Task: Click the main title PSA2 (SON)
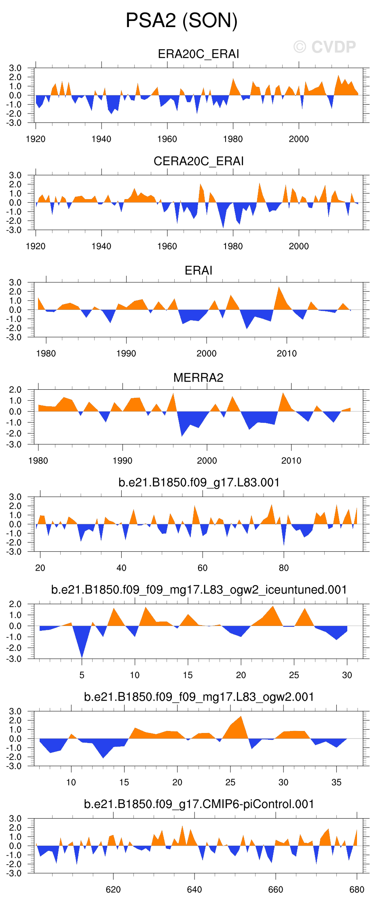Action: (x=182, y=21)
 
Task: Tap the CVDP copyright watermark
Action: (x=325, y=47)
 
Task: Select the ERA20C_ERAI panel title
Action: (x=199, y=54)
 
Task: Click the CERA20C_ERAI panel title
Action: (x=199, y=162)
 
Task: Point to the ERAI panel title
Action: (x=199, y=271)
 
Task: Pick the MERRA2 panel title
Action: (x=199, y=378)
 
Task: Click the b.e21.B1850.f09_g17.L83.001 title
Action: (x=199, y=483)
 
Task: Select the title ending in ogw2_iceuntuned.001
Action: (x=199, y=590)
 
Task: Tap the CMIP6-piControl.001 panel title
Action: (x=199, y=804)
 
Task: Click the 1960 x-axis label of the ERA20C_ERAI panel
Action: (x=167, y=139)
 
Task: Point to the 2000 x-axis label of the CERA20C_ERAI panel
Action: (x=299, y=246)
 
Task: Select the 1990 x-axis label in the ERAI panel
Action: (x=126, y=354)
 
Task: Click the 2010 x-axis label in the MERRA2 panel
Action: (x=291, y=461)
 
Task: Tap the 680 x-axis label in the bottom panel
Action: (x=357, y=890)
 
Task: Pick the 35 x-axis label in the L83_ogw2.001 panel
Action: (x=336, y=782)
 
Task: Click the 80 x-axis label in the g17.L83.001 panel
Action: (x=284, y=568)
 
